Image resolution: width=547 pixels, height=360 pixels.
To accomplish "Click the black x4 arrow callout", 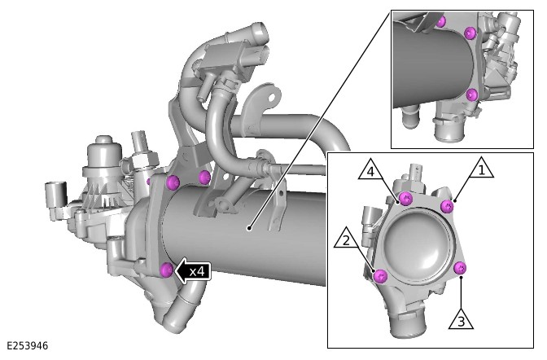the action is coord(193,271).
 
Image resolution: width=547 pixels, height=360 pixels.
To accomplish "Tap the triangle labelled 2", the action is coord(347,239).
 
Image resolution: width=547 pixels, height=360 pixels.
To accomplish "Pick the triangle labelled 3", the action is coord(461,320).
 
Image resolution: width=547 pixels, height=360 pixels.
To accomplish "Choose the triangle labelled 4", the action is coord(371,170).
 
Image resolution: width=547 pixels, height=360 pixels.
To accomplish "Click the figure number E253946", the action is coord(27,345).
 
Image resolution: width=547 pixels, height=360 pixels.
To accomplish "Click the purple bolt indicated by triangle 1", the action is coord(447,206).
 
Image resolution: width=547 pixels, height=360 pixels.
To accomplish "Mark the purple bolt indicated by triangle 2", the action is coord(380,277).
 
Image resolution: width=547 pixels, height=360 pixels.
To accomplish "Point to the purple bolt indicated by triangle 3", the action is coord(460,268).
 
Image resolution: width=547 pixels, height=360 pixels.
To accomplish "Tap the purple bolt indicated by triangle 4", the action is coord(405,199).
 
